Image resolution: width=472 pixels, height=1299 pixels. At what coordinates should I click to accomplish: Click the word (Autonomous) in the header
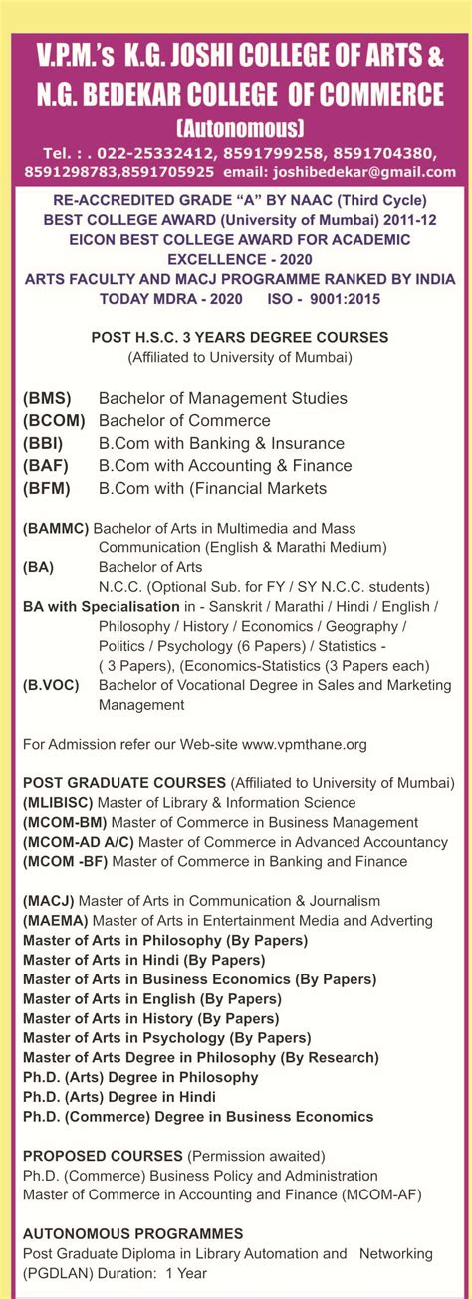click(239, 128)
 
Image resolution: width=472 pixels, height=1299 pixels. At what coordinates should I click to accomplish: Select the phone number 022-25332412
click(155, 153)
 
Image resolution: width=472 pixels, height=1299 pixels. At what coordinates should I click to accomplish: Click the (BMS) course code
click(46, 398)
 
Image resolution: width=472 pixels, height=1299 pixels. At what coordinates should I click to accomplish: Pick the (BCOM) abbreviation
click(55, 421)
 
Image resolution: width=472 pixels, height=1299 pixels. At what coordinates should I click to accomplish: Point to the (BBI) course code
click(43, 444)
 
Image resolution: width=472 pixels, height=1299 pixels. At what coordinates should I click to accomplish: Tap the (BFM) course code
click(46, 489)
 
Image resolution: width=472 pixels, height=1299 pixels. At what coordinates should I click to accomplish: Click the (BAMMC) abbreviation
click(56, 528)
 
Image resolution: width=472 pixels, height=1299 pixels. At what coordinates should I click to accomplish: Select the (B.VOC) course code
click(51, 685)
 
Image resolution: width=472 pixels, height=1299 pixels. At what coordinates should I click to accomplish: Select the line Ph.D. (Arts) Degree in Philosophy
click(140, 1077)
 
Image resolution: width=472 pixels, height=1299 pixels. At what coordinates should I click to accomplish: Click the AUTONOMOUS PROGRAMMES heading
click(132, 1234)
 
